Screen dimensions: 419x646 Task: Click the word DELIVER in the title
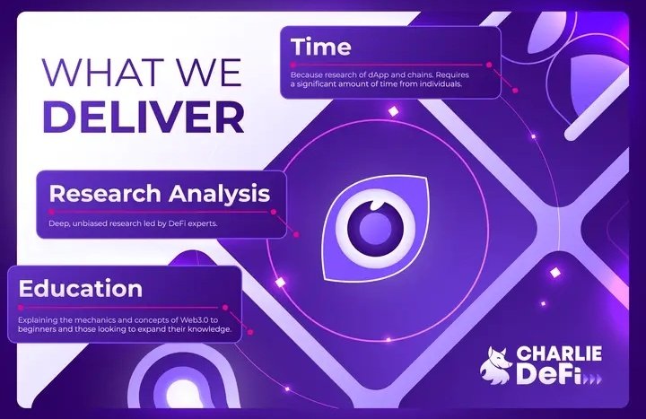point(143,118)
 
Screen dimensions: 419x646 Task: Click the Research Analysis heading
point(159,193)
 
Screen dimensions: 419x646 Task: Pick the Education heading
point(81,288)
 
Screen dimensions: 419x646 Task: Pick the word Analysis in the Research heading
point(222,193)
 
